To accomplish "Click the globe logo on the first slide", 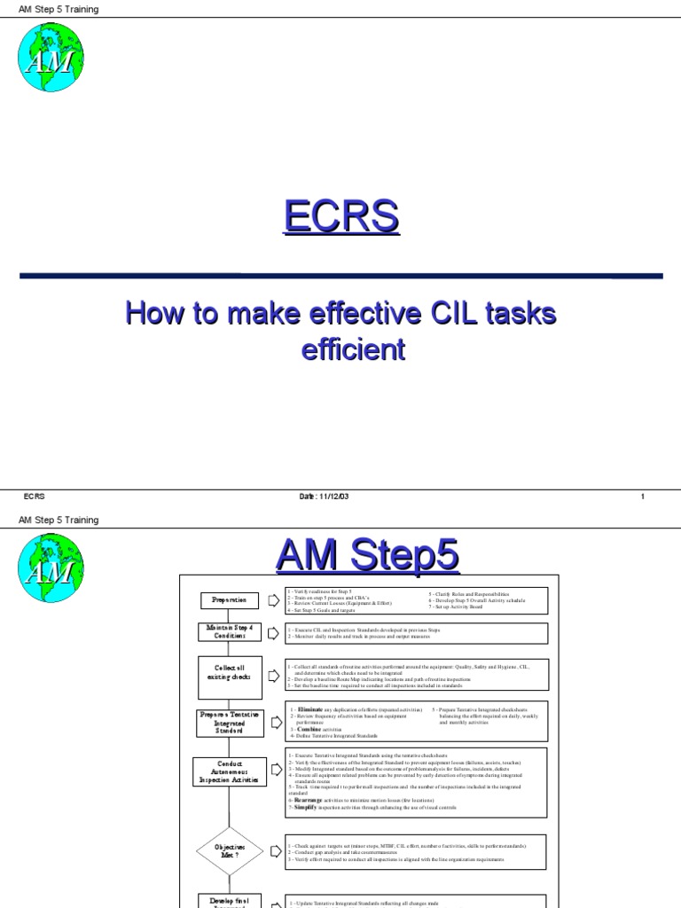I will (x=51, y=57).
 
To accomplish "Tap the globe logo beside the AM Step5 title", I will (x=51, y=567).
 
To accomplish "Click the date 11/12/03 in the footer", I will (x=325, y=497).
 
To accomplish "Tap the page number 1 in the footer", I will (x=642, y=497).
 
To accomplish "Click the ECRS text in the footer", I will (x=35, y=497).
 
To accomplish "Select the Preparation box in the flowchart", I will (x=229, y=600).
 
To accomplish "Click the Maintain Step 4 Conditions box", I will (x=230, y=632).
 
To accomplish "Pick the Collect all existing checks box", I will (x=230, y=677).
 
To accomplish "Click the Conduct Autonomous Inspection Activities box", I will (x=229, y=771).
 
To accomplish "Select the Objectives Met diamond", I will (x=230, y=852).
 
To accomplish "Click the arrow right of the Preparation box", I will (x=273, y=600).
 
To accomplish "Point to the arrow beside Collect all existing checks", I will (x=273, y=678).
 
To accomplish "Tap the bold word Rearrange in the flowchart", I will (x=308, y=799).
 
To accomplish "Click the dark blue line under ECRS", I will (x=340, y=277).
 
